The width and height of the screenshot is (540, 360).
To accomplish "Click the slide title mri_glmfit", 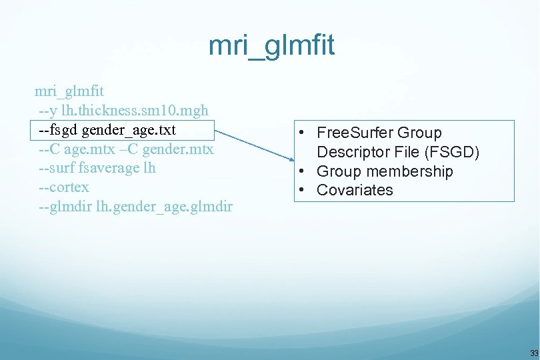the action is [x=271, y=46].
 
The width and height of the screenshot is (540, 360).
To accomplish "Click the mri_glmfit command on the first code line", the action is [x=69, y=90].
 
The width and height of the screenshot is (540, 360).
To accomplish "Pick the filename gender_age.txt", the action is [x=129, y=129].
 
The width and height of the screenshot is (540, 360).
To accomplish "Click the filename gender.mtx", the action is [x=181, y=148].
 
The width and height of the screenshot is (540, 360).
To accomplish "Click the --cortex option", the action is [x=64, y=187].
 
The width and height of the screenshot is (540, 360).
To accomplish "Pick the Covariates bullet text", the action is [x=355, y=190].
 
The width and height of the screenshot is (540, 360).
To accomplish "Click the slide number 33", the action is [x=533, y=353].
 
